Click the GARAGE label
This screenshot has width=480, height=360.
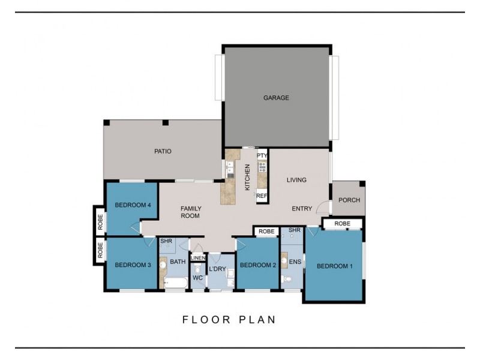[276, 98]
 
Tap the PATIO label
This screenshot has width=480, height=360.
[163, 151]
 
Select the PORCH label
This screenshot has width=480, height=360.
[349, 200]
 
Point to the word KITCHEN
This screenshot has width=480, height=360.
[248, 177]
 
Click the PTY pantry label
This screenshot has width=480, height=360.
[262, 155]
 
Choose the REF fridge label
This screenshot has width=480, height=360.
[262, 196]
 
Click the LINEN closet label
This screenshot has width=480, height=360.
[198, 258]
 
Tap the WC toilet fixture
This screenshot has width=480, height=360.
[198, 269]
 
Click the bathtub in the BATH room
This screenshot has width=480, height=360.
[176, 283]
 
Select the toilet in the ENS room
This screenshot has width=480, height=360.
[287, 279]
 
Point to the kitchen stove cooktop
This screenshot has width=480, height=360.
[262, 167]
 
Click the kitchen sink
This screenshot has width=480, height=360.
[230, 168]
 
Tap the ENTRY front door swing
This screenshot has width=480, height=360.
[323, 207]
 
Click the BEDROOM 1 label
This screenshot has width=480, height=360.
[335, 266]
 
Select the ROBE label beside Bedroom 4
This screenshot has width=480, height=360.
[100, 222]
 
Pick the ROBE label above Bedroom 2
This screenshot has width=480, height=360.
[266, 232]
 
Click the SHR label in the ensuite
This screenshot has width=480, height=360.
[295, 230]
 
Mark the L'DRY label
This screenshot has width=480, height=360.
[217, 269]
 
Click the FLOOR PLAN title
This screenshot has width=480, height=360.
[229, 320]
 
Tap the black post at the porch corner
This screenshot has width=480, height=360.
[362, 184]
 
